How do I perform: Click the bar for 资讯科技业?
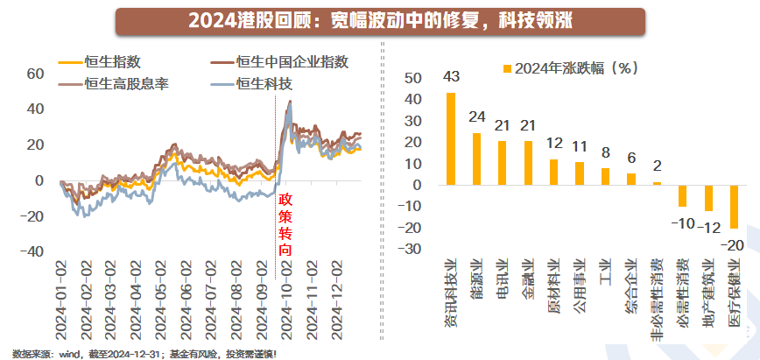pos(451,139)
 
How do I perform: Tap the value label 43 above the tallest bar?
pos(452,77)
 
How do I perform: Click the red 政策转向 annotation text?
pos(285,224)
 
